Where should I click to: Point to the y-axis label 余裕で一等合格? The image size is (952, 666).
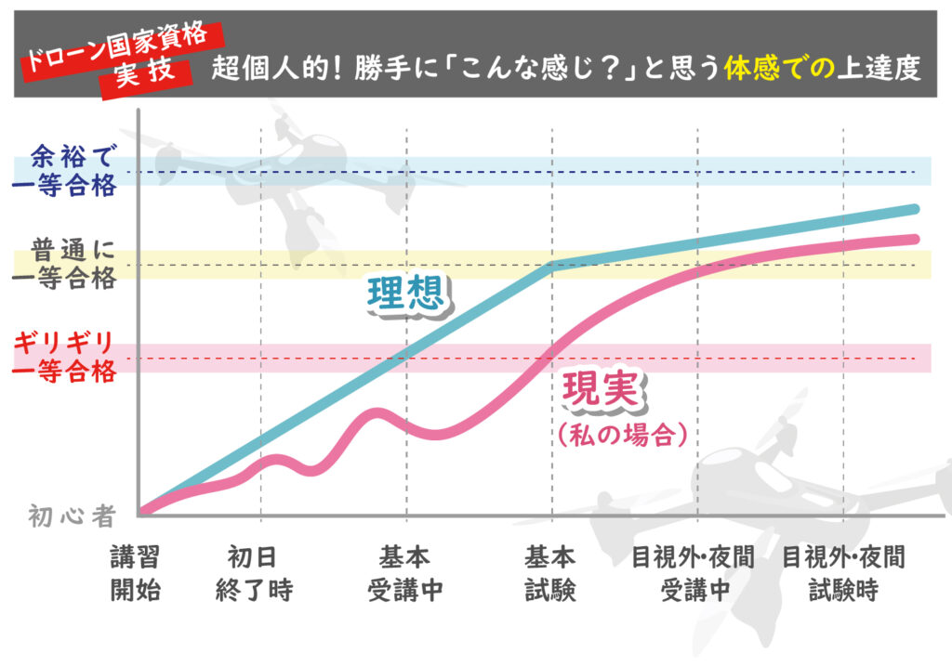pyautogui.click(x=66, y=170)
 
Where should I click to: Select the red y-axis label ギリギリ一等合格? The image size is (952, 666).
pyautogui.click(x=66, y=357)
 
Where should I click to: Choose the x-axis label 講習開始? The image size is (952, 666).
pyautogui.click(x=135, y=573)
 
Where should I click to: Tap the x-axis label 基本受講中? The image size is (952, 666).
pyautogui.click(x=404, y=573)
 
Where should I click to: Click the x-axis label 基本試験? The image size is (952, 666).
pyautogui.click(x=550, y=573)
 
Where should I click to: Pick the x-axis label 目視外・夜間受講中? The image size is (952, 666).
pyautogui.click(x=693, y=573)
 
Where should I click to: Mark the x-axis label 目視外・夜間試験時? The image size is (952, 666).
pyautogui.click(x=842, y=573)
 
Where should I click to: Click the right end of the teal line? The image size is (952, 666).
pyautogui.click(x=915, y=209)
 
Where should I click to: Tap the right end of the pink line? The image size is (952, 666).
pyautogui.click(x=915, y=239)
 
